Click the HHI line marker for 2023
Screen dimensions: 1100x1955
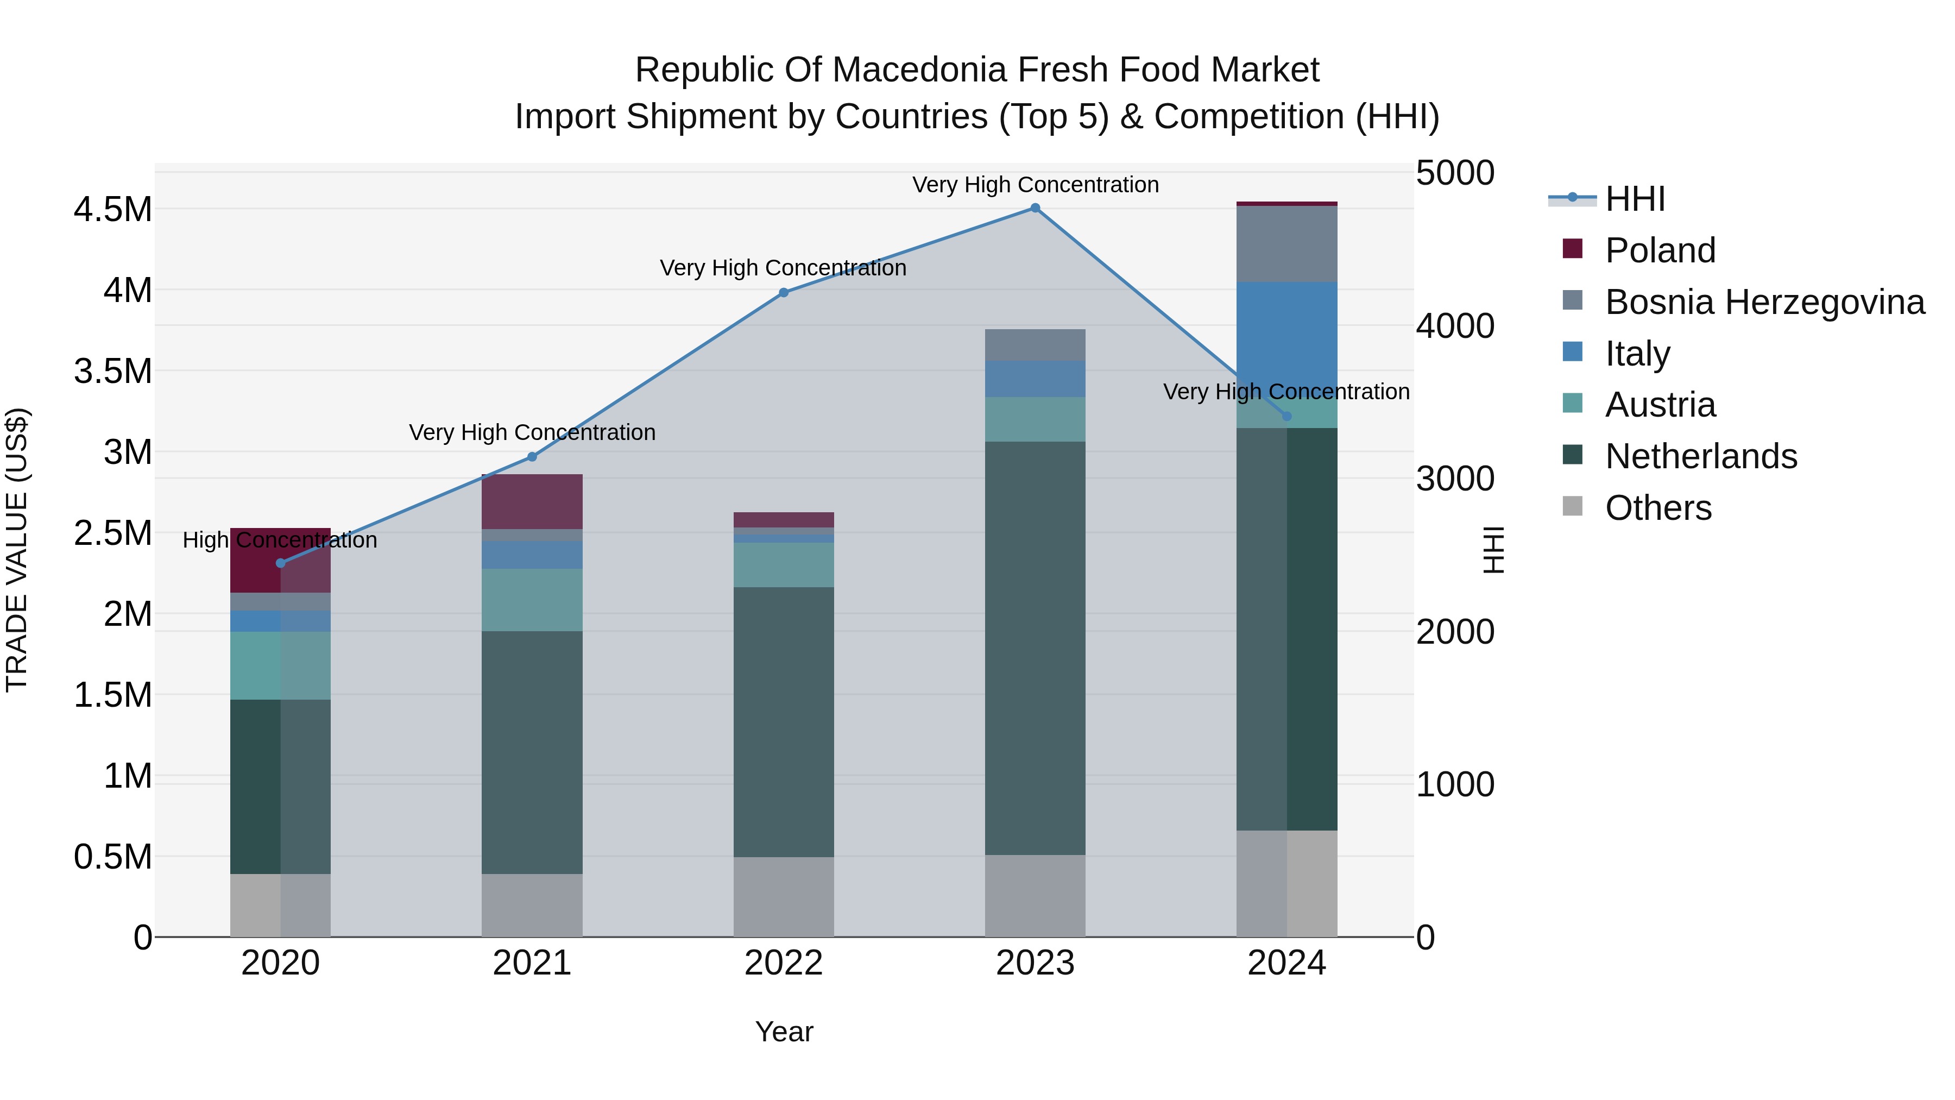click(x=1035, y=208)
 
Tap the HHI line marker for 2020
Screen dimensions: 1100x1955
click(x=281, y=563)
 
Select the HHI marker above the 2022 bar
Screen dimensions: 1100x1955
click(x=784, y=292)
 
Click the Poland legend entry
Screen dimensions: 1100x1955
click(x=1660, y=250)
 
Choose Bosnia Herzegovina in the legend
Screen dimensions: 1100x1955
click(x=1764, y=301)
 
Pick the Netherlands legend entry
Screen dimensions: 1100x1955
click(x=1701, y=456)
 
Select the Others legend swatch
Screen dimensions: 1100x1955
click(x=1573, y=506)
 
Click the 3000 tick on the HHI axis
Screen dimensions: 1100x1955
click(x=1455, y=479)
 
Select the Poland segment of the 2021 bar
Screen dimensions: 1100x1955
click(x=532, y=501)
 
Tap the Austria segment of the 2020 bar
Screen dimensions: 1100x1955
click(x=281, y=665)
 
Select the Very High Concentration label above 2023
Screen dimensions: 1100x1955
click(x=1035, y=185)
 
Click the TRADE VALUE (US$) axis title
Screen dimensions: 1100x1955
click(x=17, y=550)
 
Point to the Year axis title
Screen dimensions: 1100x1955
click(x=784, y=1032)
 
